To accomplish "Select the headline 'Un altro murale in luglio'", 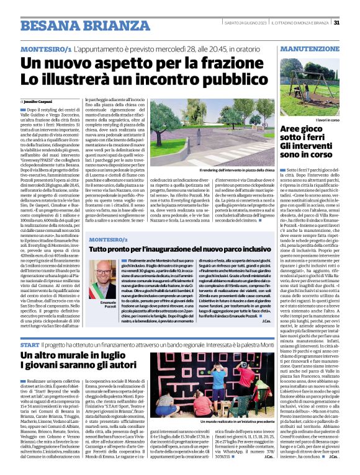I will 86,355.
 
